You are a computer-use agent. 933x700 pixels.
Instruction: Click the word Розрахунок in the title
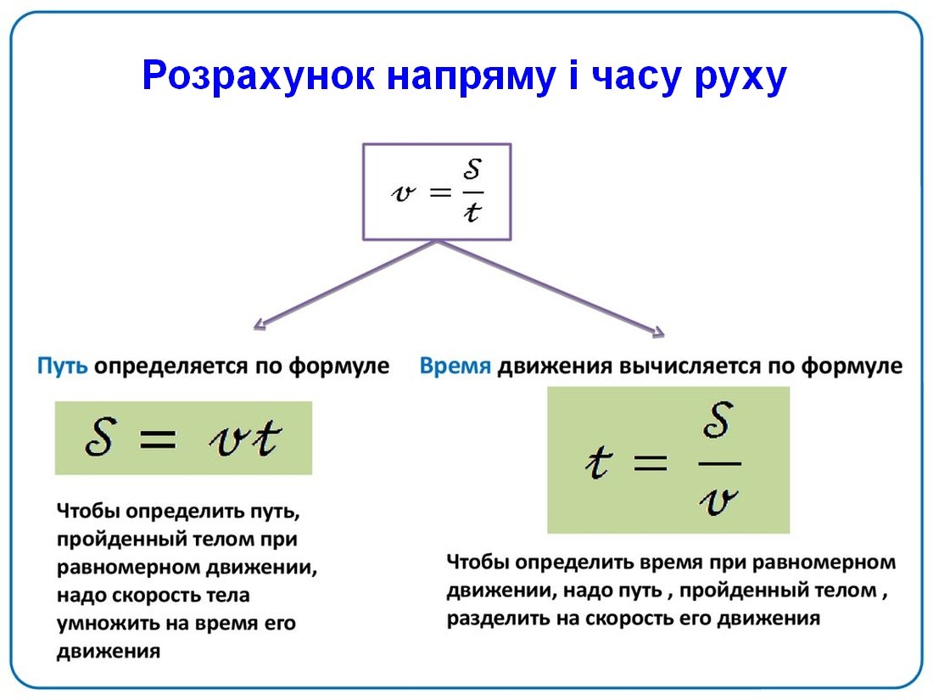coord(259,76)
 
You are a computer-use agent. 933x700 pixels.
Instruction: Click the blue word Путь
coord(63,365)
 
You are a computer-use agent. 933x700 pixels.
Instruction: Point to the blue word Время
coord(455,365)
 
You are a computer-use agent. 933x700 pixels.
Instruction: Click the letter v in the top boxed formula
coord(403,192)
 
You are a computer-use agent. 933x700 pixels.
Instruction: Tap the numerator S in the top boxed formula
coord(472,169)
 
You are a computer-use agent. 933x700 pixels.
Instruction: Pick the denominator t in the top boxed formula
coord(472,212)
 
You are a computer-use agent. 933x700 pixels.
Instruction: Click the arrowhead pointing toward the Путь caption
coord(260,324)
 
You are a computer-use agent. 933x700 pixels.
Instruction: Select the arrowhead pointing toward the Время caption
coord(658,332)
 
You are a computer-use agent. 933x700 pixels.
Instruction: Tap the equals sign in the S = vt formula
coord(157,440)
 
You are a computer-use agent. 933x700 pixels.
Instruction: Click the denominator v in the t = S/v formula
coord(718,501)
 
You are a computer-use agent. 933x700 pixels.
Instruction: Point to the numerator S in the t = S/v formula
coord(717,420)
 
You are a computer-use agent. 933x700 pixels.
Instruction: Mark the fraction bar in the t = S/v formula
coord(719,463)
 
